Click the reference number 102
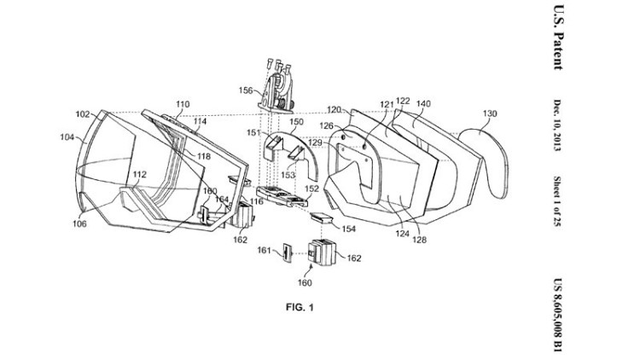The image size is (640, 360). point(83,113)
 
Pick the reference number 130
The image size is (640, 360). point(490,114)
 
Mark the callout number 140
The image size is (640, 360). point(423,104)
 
